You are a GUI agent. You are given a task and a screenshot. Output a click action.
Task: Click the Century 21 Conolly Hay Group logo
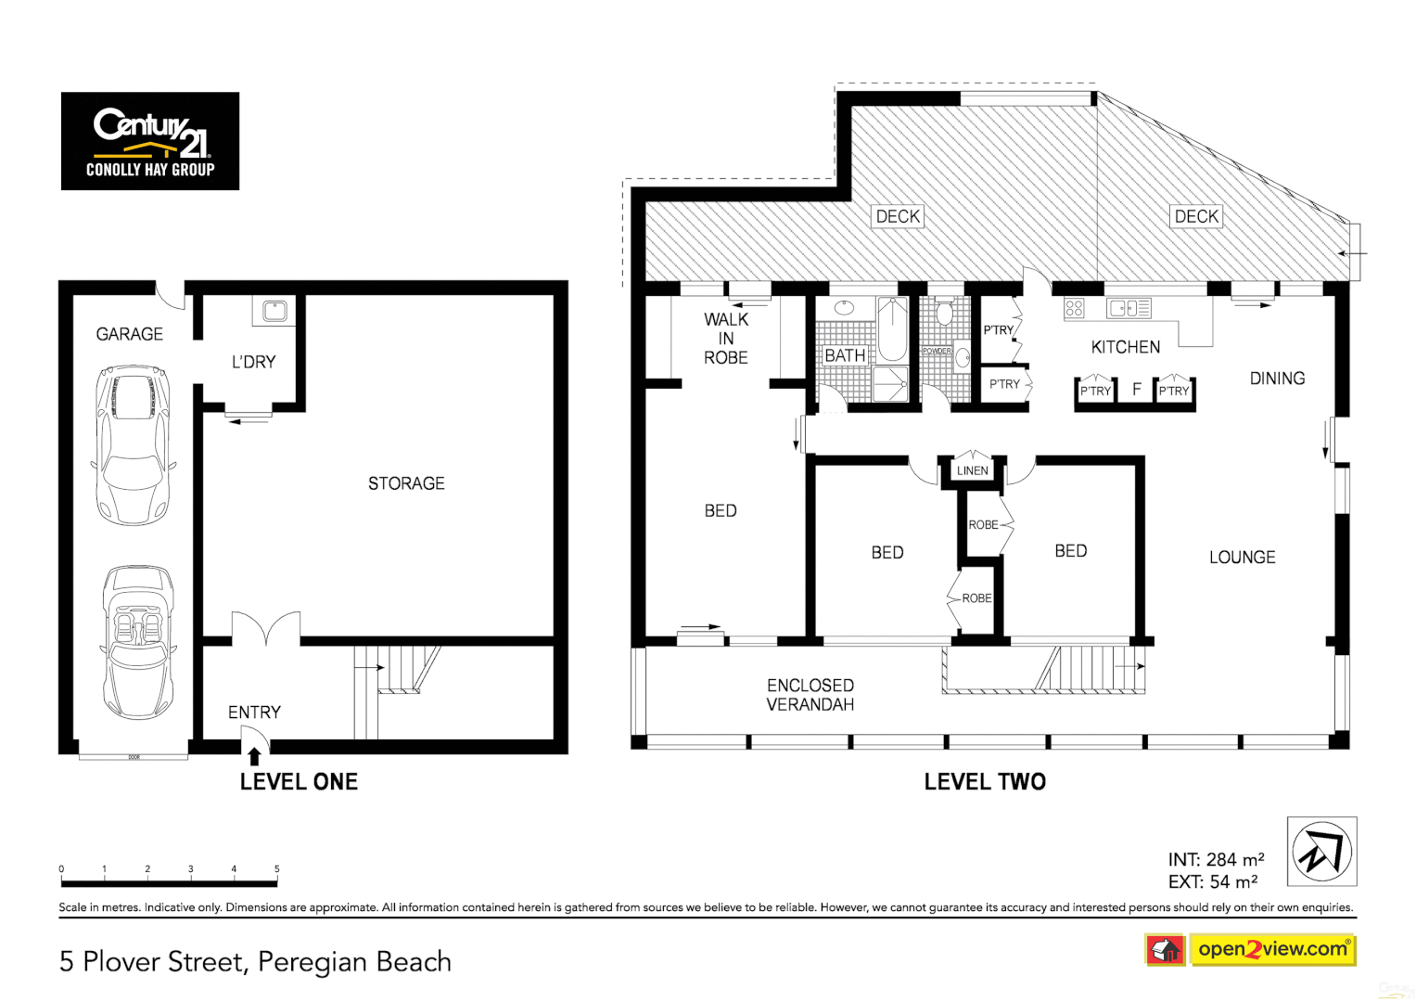tap(150, 141)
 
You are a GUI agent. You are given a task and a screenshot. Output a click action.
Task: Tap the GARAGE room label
tap(130, 334)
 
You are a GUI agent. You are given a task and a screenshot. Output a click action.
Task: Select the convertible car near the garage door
tap(138, 643)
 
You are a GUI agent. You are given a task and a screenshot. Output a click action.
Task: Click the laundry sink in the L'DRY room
tap(275, 311)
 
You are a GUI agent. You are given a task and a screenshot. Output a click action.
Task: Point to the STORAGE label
tap(406, 483)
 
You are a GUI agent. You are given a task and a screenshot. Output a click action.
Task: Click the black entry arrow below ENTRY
tap(254, 756)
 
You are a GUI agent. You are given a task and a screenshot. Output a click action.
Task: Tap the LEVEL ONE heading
tap(299, 782)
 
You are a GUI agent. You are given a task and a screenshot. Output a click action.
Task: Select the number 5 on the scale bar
tap(277, 868)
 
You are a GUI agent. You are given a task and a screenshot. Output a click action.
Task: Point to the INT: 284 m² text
tap(1216, 860)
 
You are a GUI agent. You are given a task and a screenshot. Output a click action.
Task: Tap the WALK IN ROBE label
tap(726, 339)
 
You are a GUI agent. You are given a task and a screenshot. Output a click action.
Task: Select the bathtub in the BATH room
tap(892, 329)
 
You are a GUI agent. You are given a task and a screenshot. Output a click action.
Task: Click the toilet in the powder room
tap(944, 311)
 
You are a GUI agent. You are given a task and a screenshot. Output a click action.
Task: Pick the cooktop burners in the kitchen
tap(1074, 308)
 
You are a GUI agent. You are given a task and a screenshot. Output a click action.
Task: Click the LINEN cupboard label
tap(972, 470)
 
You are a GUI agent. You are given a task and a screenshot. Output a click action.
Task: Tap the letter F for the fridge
tap(1137, 389)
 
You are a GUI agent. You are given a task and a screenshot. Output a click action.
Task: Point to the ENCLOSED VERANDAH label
tap(810, 695)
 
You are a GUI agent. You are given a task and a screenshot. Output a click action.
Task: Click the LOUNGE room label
tap(1243, 558)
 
